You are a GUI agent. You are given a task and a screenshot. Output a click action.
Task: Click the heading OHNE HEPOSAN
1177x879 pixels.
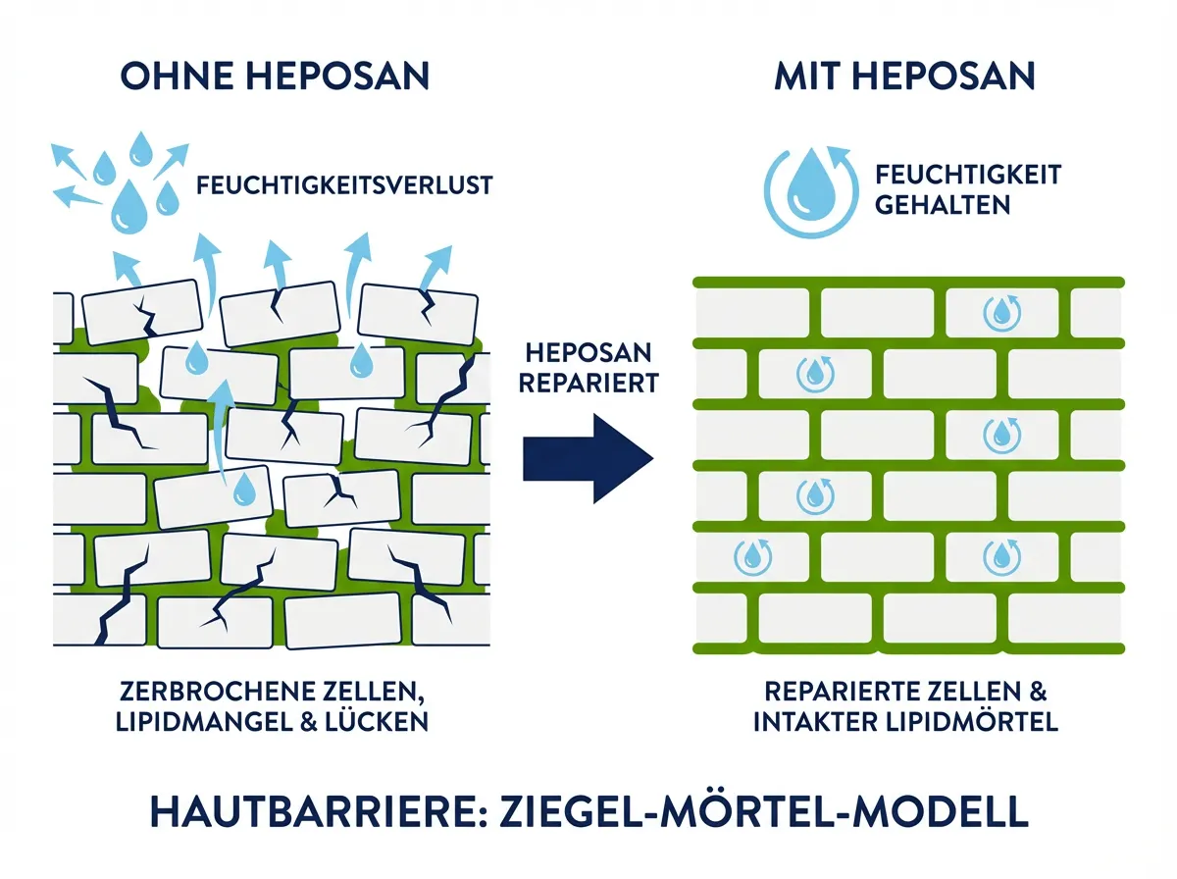point(275,76)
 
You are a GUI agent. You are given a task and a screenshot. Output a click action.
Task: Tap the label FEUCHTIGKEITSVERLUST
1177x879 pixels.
point(343,184)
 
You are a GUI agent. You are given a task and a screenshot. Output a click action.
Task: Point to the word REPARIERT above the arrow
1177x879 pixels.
point(588,383)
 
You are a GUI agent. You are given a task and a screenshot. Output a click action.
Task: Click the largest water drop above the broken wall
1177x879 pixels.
point(128,208)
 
